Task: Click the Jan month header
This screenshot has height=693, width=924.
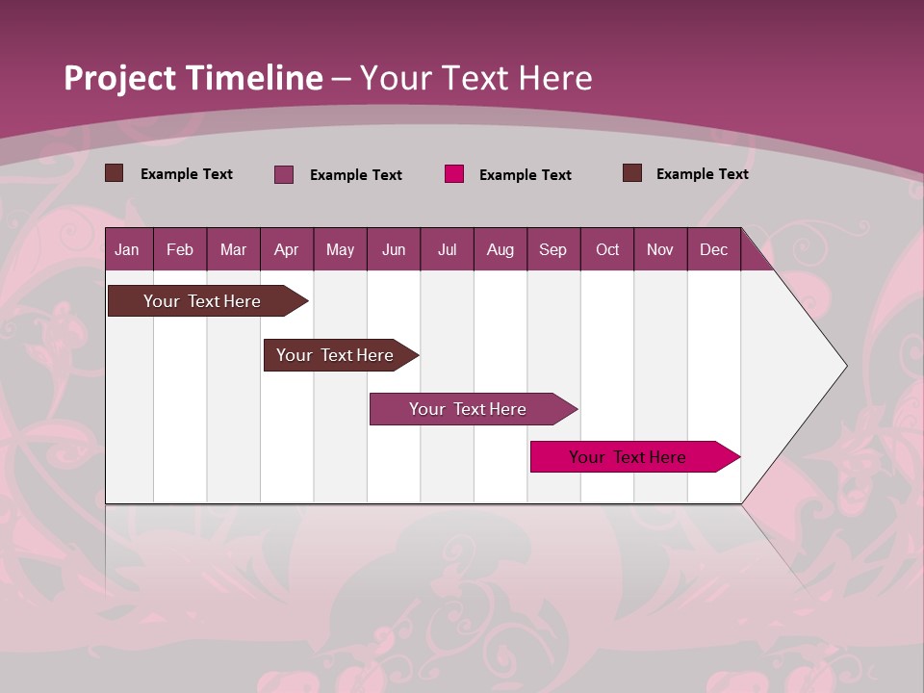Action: coord(128,249)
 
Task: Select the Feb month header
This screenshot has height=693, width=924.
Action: coord(180,249)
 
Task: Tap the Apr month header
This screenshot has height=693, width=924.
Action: coord(287,249)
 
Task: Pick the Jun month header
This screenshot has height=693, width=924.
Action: coord(394,249)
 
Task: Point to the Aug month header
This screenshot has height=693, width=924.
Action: coord(500,249)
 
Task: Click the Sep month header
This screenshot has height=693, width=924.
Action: coord(553,249)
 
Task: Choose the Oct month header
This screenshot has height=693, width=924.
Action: coord(607,249)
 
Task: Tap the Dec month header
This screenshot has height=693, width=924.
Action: coord(714,249)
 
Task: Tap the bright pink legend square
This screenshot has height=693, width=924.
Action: coord(454,174)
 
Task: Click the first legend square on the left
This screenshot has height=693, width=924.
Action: coord(115,173)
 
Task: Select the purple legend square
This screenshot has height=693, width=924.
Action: coord(284,174)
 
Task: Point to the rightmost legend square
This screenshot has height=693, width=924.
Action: coord(632,173)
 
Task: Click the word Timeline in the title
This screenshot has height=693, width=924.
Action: coord(255,78)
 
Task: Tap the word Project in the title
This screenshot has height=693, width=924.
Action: coord(120,78)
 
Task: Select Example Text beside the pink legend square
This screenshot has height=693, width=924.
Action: coord(525,175)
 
